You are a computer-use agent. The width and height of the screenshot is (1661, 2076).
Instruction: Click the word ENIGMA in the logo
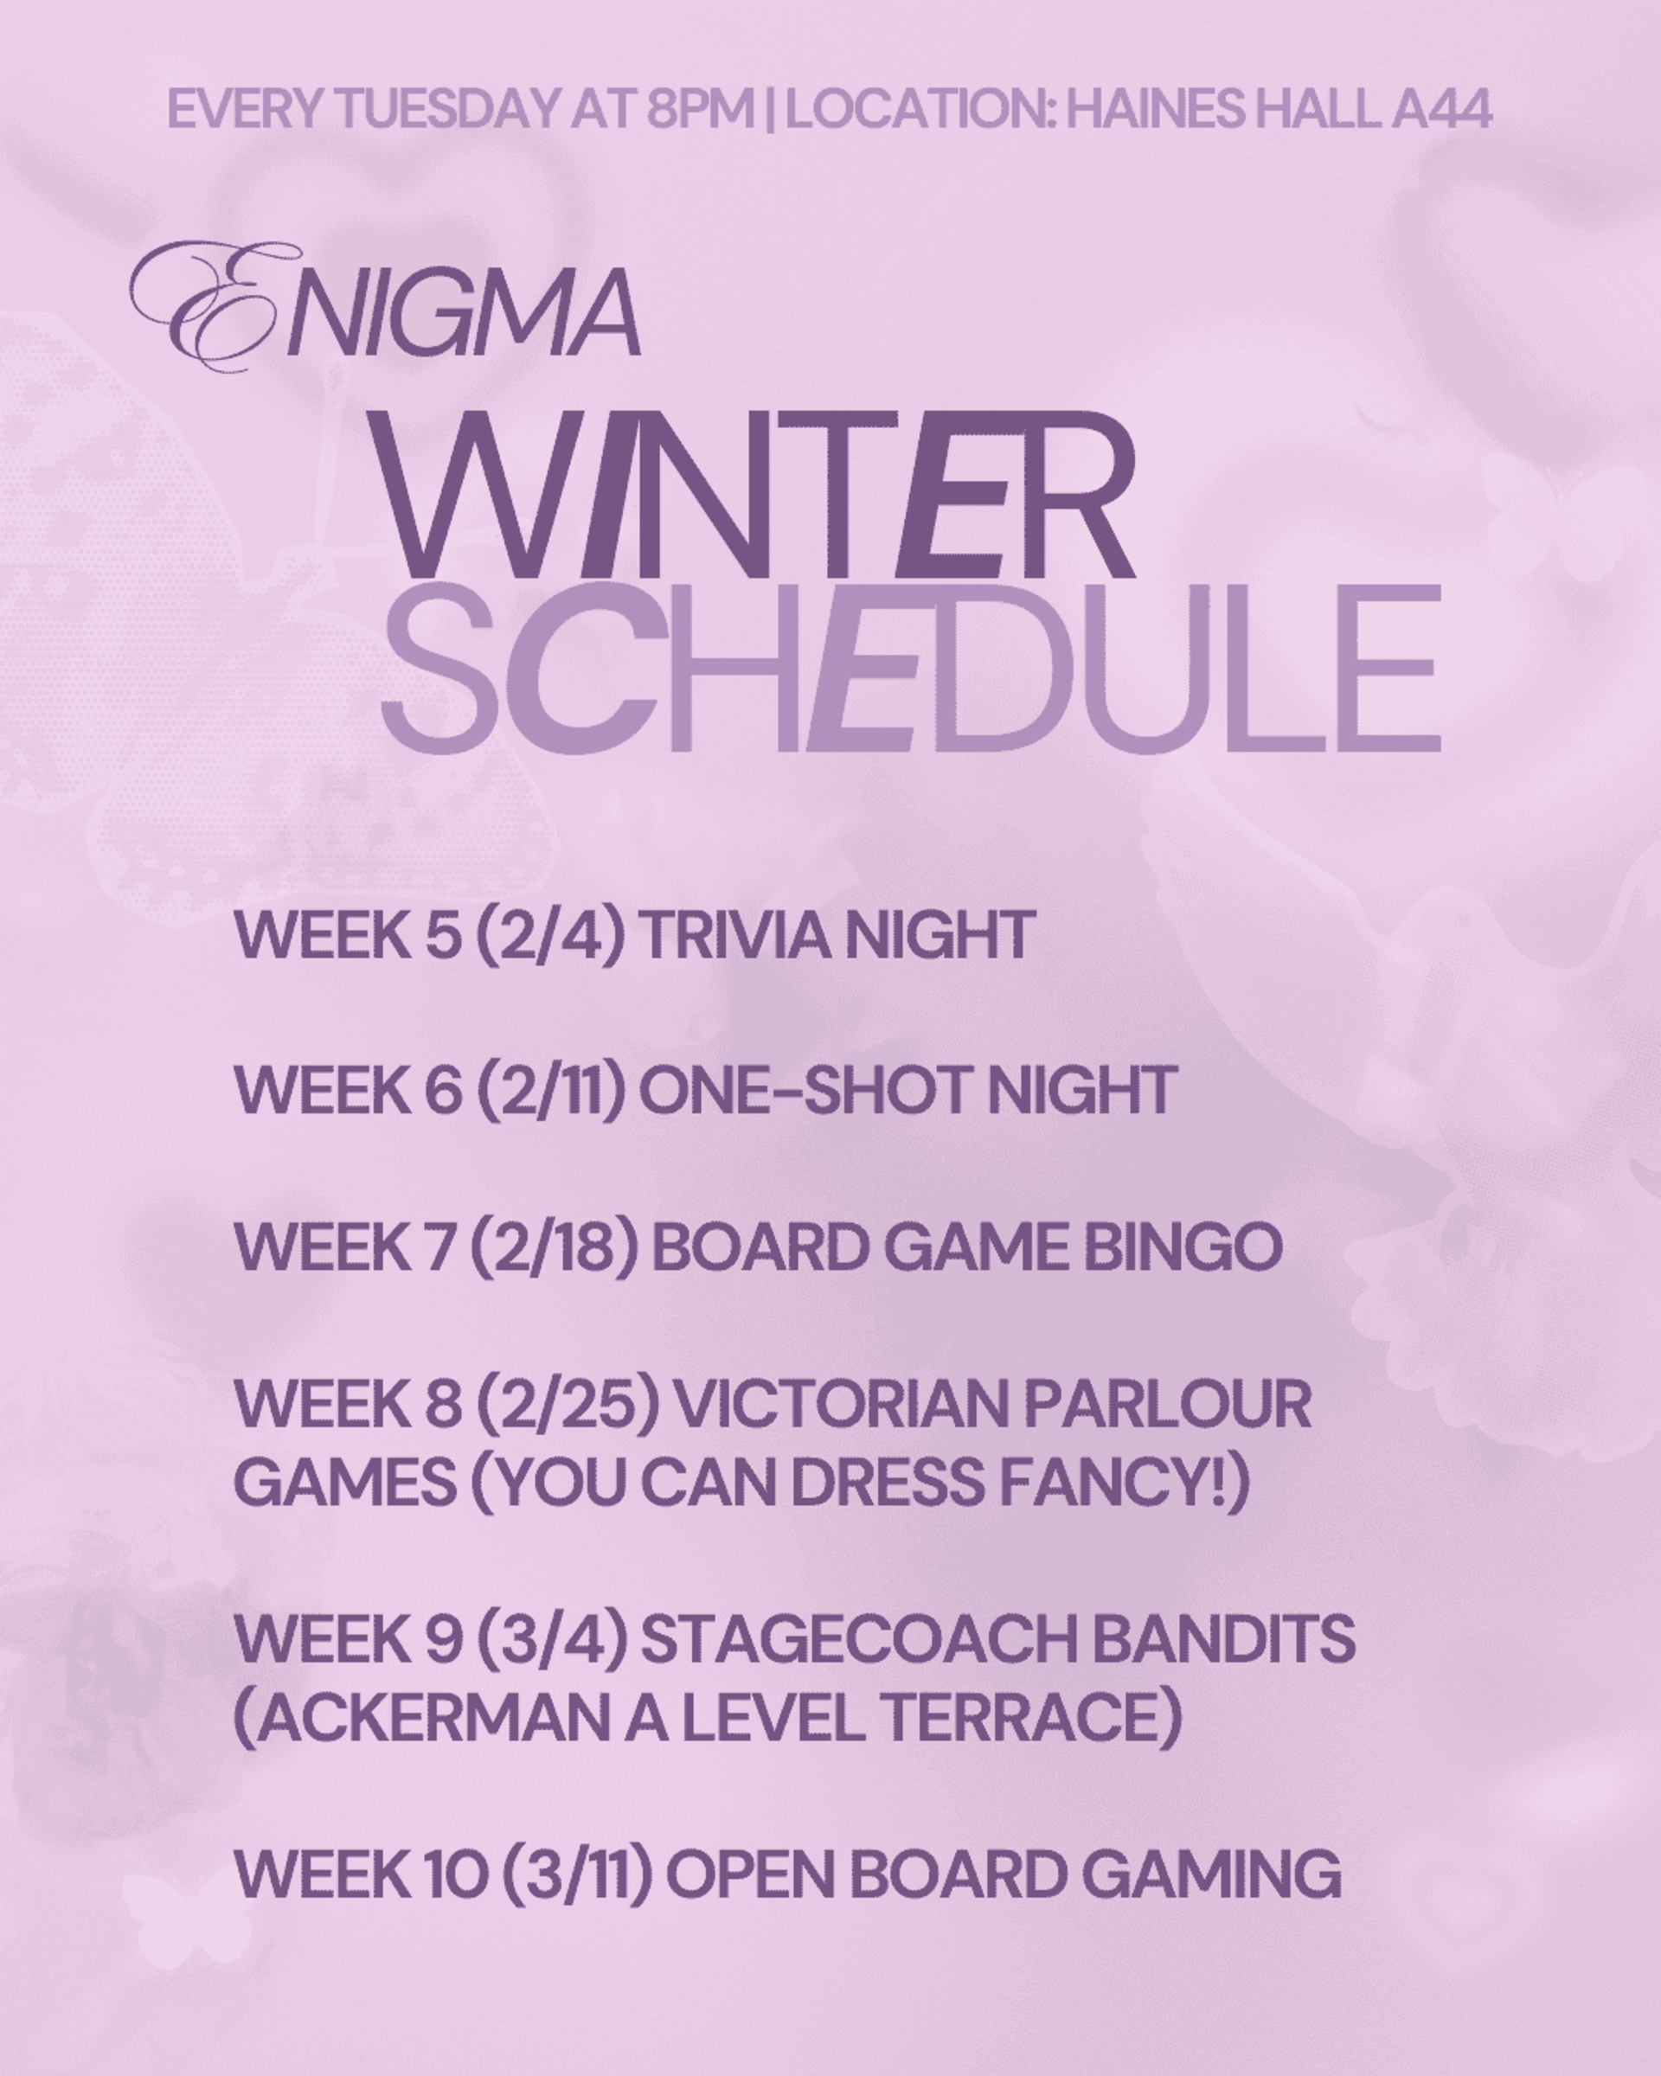tap(385, 306)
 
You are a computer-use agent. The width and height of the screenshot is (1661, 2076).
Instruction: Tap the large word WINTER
tap(751, 495)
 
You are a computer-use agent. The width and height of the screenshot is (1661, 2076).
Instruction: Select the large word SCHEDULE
tap(911, 669)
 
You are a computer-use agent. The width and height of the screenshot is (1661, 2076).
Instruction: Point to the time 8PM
tap(700, 109)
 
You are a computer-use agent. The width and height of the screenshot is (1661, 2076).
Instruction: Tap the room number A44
tap(1441, 109)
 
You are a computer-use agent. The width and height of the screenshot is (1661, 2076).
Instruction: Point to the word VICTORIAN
tap(838, 1404)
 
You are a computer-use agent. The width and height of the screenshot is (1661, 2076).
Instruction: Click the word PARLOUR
tap(1167, 1404)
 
